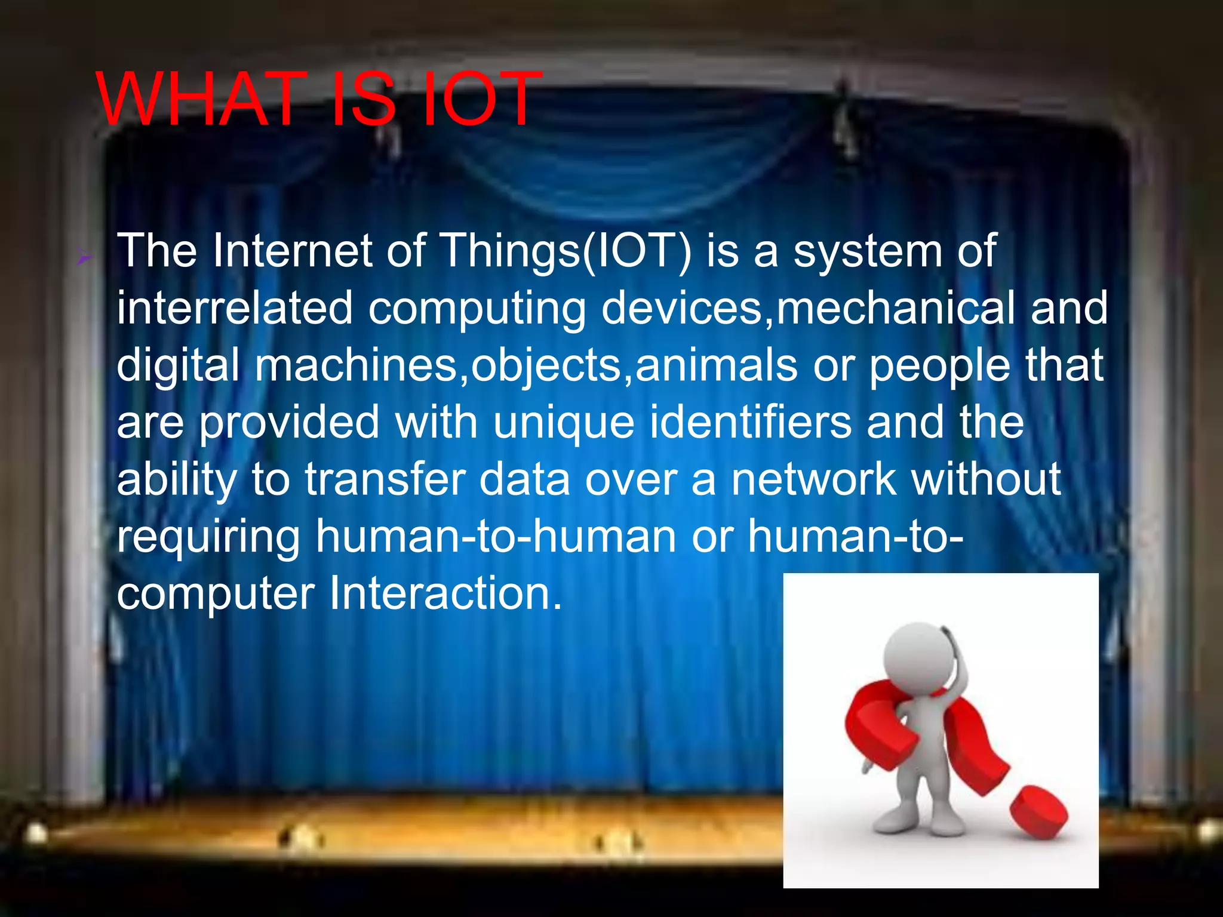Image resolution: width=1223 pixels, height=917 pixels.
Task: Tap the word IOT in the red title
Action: click(x=479, y=99)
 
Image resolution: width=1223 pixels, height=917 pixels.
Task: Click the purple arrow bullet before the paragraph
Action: click(x=84, y=258)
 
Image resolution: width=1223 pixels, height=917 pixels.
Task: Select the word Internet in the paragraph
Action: click(x=293, y=251)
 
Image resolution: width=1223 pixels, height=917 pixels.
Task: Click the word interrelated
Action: click(x=235, y=308)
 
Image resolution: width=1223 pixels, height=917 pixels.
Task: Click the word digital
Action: click(x=178, y=366)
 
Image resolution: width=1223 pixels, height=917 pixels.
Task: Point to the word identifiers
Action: click(x=751, y=421)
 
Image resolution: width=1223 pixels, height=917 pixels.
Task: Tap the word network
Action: click(x=814, y=479)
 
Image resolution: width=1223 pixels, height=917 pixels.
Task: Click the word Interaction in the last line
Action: click(x=445, y=593)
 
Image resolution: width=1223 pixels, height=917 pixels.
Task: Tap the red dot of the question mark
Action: click(x=1038, y=812)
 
